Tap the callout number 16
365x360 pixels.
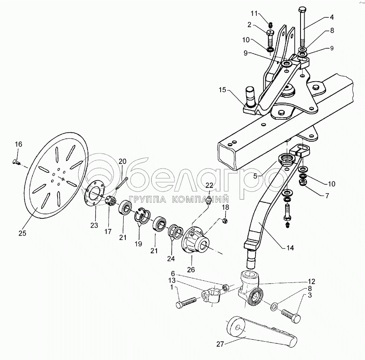pos(19,144)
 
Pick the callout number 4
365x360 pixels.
pos(332,17)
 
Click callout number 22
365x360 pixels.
pos(209,185)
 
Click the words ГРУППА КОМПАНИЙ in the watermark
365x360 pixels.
pos(179,199)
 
